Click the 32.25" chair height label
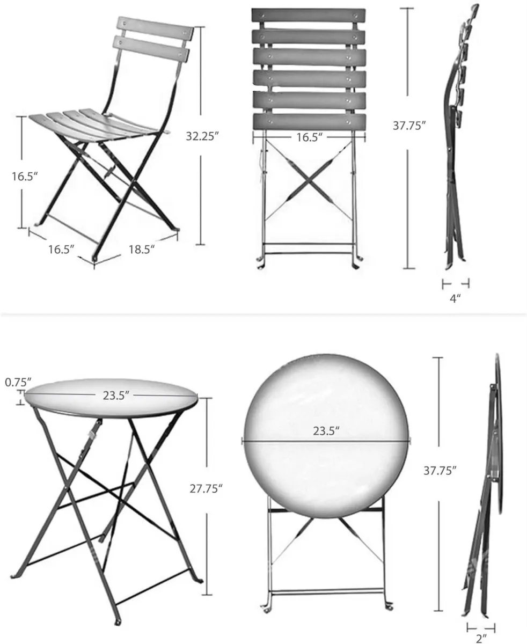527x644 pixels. click(x=203, y=136)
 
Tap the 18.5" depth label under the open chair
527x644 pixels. click(x=142, y=248)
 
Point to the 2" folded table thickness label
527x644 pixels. click(x=480, y=638)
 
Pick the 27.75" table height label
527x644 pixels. click(x=206, y=488)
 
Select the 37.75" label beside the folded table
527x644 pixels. click(x=440, y=471)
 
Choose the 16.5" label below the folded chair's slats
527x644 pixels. click(x=309, y=137)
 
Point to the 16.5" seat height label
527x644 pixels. click(x=25, y=176)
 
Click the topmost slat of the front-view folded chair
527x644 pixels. click(x=309, y=16)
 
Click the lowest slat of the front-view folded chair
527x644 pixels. click(x=309, y=121)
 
